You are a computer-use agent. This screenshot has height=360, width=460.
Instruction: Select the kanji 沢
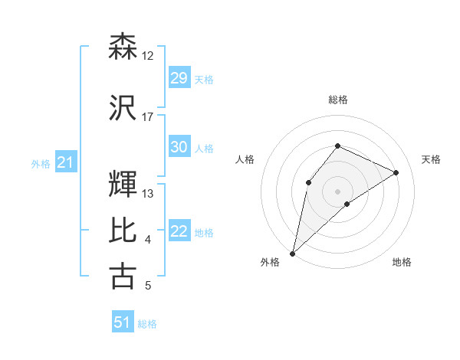coord(123,107)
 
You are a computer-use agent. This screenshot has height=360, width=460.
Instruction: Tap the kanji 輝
coord(123,183)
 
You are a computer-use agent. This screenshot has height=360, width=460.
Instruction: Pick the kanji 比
coord(123,230)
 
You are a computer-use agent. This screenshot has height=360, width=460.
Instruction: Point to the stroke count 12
coord(148,56)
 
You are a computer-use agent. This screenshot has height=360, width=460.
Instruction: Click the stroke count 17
coord(148,117)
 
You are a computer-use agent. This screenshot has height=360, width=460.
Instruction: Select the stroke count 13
coord(148,194)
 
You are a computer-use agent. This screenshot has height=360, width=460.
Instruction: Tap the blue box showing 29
coord(179,78)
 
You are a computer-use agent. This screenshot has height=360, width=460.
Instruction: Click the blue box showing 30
coord(179,147)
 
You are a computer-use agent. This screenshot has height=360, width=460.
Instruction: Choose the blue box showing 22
coord(179,231)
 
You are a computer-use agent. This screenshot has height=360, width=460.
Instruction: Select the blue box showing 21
coord(65,163)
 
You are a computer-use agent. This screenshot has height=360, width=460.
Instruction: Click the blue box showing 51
coord(122,322)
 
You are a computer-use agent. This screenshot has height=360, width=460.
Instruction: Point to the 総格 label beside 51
coord(147,324)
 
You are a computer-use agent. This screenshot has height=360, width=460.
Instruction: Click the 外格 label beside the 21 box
coord(41,164)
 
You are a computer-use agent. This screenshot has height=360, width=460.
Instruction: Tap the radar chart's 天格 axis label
coord(431,159)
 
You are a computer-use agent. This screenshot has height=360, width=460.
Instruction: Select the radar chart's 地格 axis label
coord(402,262)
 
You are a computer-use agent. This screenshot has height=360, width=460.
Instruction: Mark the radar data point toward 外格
coord(292,254)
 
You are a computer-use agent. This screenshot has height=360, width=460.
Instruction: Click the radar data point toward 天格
coord(396,172)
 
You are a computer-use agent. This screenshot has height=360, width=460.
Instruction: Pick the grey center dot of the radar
coord(337,191)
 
